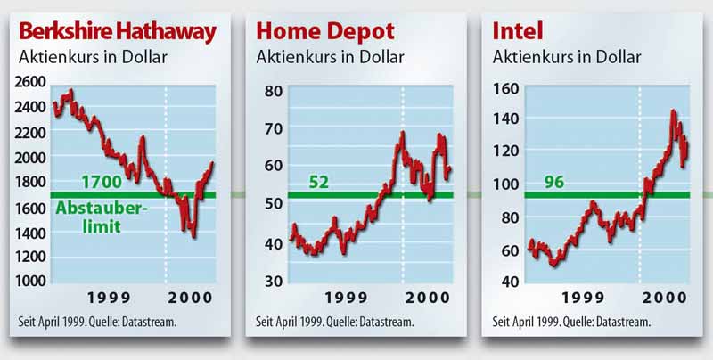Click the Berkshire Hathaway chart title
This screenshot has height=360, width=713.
click(x=118, y=33)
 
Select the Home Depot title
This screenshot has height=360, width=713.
click(x=325, y=32)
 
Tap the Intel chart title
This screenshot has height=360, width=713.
click(x=518, y=31)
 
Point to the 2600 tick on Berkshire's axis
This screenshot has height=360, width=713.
click(x=30, y=82)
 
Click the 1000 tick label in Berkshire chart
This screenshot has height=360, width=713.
click(x=30, y=281)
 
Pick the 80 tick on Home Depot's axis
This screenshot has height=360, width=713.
click(x=274, y=91)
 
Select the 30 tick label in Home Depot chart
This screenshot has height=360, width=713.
click(x=274, y=281)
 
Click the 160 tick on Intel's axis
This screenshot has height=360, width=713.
click(x=506, y=87)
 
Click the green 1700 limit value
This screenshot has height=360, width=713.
click(x=102, y=183)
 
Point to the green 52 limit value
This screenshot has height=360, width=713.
click(x=319, y=183)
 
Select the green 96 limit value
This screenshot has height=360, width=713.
click(x=553, y=183)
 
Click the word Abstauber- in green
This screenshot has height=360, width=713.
click(x=102, y=209)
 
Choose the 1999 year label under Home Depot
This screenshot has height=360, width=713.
click(x=346, y=298)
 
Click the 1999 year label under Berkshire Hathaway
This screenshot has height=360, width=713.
click(x=109, y=298)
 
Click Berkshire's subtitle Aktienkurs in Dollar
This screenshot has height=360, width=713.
click(x=93, y=57)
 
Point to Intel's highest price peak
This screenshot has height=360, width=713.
click(x=673, y=110)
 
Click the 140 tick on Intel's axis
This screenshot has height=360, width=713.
click(x=506, y=119)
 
